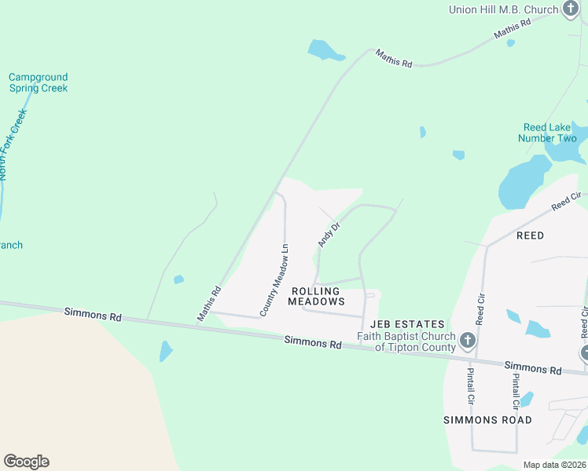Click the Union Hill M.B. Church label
coord(503,9)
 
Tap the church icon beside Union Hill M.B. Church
coord(571,10)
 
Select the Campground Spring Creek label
coord(38,82)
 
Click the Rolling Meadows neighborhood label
coord(318,296)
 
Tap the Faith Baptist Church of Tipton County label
coord(406,342)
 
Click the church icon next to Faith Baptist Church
coord(468,341)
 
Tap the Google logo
coord(26,462)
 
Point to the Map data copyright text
coord(554,465)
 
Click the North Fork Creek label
coord(13,145)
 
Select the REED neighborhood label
coord(530,235)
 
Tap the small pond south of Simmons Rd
coord(165,350)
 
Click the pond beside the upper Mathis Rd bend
coord(325,50)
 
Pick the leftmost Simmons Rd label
coord(94,314)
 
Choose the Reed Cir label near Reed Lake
coord(566,201)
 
